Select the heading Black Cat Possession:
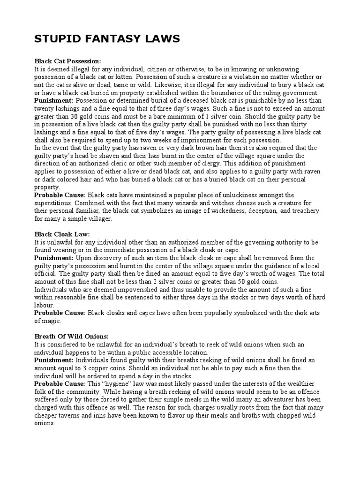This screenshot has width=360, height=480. click(x=67, y=61)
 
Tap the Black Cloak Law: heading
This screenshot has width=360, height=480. click(x=62, y=234)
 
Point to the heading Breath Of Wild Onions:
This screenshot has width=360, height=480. click(x=71, y=337)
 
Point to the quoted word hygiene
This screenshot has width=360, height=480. click(x=120, y=384)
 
